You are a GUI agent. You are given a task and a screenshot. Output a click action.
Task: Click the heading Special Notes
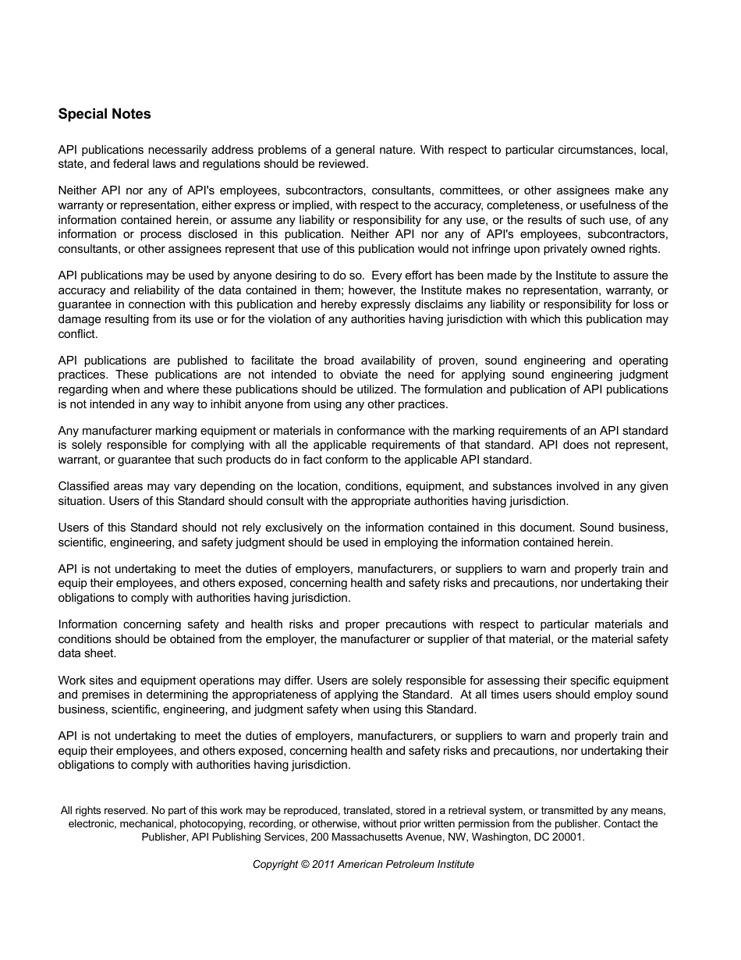[x=105, y=114]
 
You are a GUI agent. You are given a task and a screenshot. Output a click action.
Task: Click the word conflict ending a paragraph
[x=77, y=333]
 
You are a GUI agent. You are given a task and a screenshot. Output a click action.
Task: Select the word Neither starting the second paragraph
[x=76, y=190]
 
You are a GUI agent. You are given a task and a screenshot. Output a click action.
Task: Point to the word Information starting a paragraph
[x=87, y=624]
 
